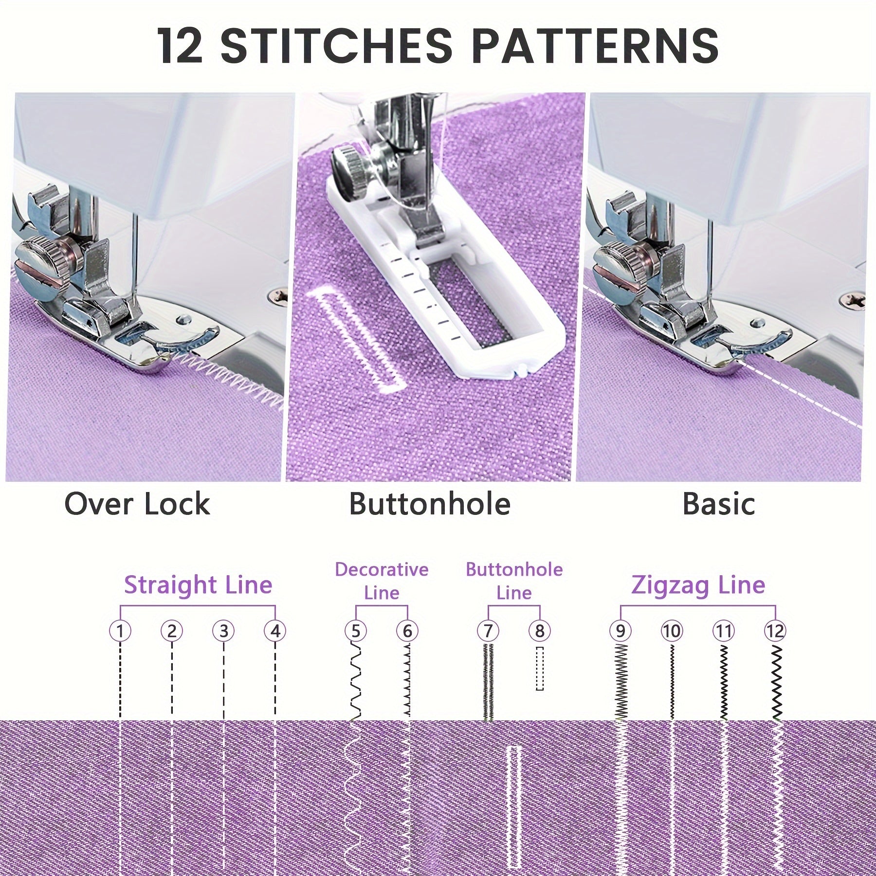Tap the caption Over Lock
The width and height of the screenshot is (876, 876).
coord(137,504)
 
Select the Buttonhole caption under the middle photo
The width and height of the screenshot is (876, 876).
coord(430,504)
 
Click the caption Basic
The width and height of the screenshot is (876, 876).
coord(718,504)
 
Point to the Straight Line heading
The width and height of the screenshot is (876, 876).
coord(198,584)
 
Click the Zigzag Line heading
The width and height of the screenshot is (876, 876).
coord(698,585)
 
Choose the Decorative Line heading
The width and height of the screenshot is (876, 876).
coord(382,581)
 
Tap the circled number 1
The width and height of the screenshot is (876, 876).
coord(120,631)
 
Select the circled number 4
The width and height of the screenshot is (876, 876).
coord(275,631)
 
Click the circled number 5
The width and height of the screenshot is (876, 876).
coord(355,631)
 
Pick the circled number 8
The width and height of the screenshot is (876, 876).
coord(539,631)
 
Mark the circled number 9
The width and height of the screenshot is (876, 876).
coord(620,631)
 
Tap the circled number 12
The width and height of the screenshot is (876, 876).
coord(775,631)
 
